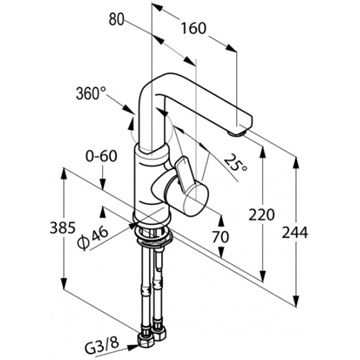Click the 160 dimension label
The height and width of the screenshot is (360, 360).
click(x=194, y=29)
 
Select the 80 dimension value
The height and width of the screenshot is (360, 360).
click(x=116, y=20)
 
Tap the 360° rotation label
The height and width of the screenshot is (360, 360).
click(x=91, y=94)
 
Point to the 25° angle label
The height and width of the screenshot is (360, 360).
click(x=236, y=163)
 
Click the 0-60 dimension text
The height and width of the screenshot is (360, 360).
click(x=101, y=156)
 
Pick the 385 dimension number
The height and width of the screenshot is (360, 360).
click(x=62, y=228)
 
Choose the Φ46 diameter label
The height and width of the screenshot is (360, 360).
click(x=93, y=237)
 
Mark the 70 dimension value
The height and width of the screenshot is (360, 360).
click(x=221, y=237)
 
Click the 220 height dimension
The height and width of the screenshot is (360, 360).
click(x=262, y=215)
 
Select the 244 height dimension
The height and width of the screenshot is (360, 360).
click(x=295, y=232)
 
